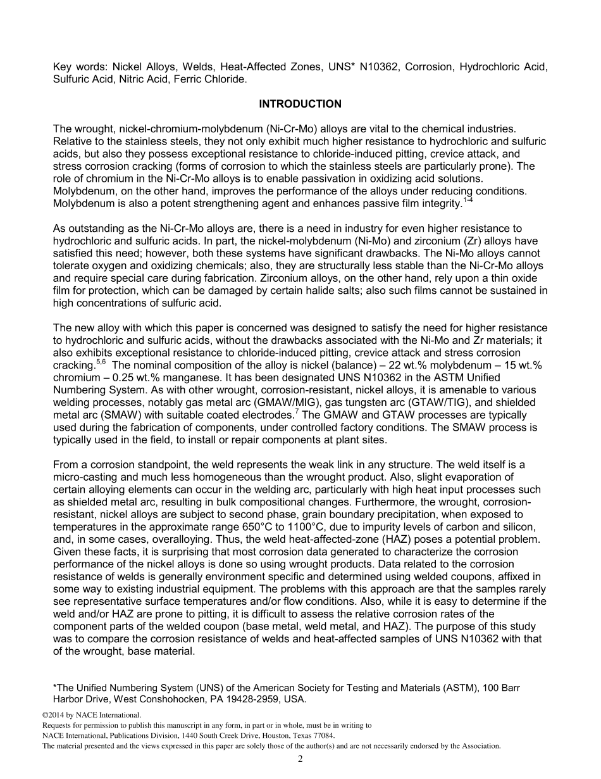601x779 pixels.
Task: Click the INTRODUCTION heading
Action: coord(300,104)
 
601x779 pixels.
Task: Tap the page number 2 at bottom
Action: coord(300,759)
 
